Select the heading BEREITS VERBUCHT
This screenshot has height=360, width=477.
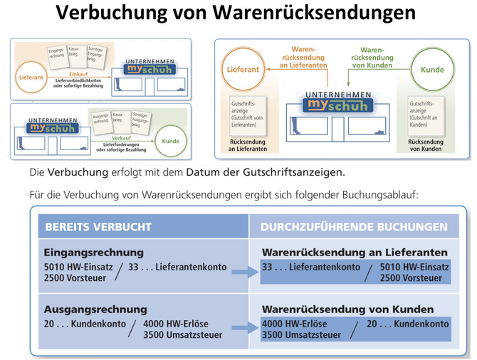point(98,227)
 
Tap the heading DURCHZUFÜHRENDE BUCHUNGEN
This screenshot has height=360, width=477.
point(354,227)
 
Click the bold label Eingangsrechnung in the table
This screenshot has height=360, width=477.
point(93,253)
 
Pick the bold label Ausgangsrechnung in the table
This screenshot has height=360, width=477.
point(95,309)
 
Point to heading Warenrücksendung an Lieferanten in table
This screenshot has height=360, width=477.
point(355,253)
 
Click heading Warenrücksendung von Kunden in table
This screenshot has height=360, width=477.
point(347,309)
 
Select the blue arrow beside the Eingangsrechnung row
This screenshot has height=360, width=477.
point(244,272)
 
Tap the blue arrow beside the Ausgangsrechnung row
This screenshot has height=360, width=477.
point(244,329)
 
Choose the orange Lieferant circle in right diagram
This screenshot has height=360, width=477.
point(243,70)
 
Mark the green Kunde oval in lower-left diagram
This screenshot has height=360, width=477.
point(170,141)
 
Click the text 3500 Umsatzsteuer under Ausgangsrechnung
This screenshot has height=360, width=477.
point(182,335)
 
